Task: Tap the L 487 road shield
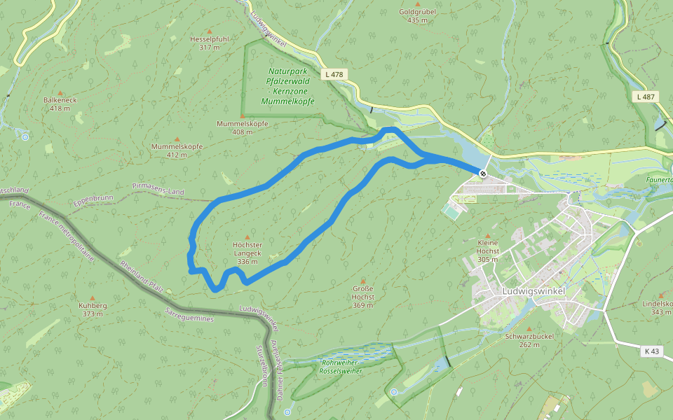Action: [646, 97]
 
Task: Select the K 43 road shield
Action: [651, 351]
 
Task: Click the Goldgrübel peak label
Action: [417, 16]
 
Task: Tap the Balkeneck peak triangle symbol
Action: [60, 92]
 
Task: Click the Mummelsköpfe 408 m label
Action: [242, 127]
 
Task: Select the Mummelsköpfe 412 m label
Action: [177, 150]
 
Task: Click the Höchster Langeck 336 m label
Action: [248, 253]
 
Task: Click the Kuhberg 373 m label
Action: [93, 309]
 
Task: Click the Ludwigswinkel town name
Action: [533, 291]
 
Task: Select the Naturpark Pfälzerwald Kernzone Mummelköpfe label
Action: [287, 87]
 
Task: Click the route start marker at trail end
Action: [483, 173]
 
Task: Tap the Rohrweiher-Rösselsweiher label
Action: [341, 367]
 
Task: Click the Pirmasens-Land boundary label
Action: [158, 189]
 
